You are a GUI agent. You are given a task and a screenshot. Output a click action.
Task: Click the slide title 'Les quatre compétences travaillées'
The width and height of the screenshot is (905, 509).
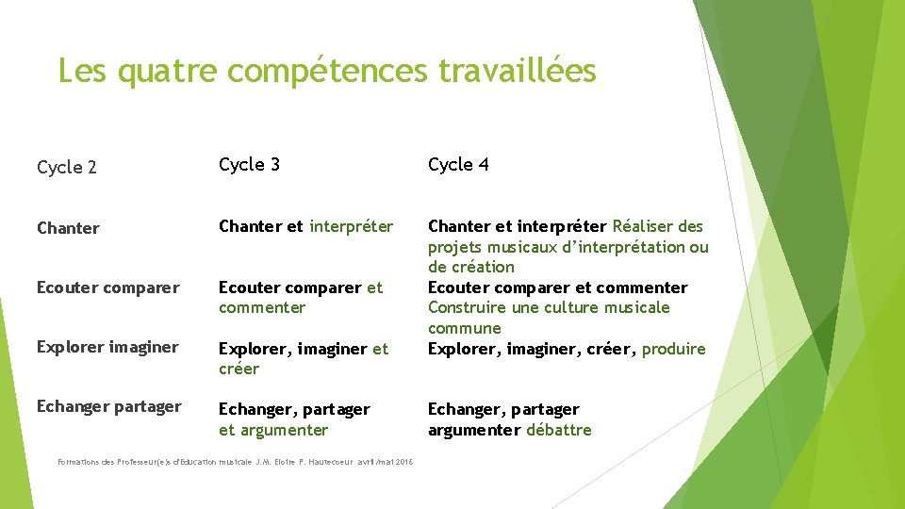[326, 71]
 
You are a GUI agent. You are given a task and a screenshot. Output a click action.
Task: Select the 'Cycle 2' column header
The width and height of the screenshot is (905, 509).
[67, 168]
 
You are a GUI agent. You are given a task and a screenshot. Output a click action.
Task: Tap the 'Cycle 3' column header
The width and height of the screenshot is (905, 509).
[249, 164]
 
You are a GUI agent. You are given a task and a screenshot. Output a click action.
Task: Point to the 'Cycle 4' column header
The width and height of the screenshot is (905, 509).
[458, 164]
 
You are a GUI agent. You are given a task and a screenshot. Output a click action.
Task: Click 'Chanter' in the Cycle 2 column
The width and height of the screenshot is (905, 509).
[68, 228]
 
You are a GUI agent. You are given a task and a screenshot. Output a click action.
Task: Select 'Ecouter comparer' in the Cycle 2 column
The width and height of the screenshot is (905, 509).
[107, 287]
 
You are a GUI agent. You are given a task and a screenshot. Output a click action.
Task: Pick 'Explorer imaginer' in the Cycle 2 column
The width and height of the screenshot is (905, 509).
[107, 347]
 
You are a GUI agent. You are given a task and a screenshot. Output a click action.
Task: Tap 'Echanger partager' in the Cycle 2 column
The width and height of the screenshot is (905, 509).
[108, 406]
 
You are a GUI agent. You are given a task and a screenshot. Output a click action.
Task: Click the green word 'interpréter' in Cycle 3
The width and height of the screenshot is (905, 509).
[351, 226]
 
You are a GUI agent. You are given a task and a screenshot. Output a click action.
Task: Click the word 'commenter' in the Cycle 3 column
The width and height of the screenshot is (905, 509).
[262, 307]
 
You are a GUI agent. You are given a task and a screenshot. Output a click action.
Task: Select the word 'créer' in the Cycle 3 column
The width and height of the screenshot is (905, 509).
[239, 369]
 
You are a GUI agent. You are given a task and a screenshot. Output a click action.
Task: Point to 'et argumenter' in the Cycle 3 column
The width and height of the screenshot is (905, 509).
[273, 430]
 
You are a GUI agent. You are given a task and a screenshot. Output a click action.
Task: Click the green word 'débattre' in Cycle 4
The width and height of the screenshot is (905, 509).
[559, 430]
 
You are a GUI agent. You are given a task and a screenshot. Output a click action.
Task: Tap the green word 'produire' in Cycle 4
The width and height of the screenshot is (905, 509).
[673, 349]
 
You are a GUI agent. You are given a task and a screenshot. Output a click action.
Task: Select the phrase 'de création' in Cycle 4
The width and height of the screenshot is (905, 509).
[471, 267]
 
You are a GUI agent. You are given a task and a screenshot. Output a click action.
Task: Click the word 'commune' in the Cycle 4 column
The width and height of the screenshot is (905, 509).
[465, 328]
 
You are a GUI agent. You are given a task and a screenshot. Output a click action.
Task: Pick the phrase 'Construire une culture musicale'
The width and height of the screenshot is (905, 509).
[549, 307]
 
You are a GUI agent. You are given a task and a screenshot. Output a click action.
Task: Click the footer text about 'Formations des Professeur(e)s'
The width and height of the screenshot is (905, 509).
[137, 462]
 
